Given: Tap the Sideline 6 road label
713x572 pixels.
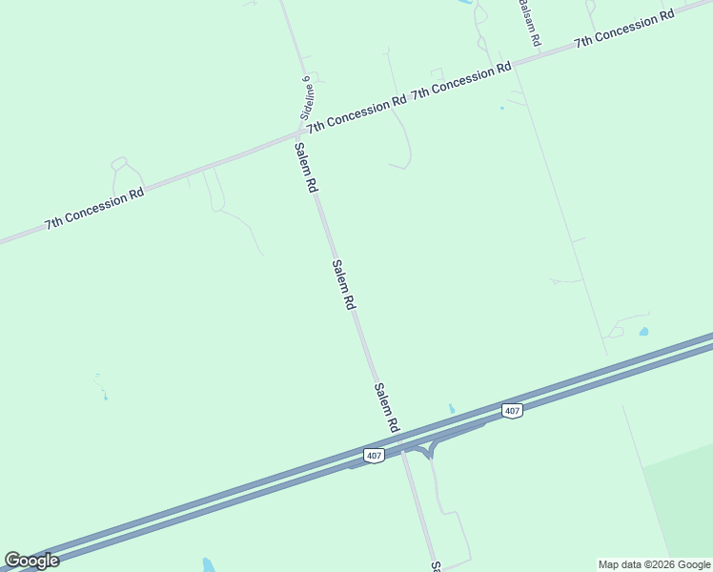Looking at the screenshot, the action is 306,96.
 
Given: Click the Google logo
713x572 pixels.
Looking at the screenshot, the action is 31,561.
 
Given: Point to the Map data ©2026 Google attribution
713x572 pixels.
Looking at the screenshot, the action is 655,564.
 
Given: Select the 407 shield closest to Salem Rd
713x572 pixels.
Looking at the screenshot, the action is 374,456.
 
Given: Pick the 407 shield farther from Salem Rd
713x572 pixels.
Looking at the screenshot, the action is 513,411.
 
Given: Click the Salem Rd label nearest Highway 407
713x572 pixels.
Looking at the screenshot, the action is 386,407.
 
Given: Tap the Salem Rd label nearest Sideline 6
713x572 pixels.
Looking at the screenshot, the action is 305,168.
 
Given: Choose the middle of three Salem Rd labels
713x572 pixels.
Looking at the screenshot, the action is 343,284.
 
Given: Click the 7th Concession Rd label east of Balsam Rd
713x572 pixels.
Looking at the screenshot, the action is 623,30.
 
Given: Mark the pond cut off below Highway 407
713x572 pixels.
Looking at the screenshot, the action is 209,564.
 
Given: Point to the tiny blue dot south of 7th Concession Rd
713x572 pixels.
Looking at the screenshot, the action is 501,108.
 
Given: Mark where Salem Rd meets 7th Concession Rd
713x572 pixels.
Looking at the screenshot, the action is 296,135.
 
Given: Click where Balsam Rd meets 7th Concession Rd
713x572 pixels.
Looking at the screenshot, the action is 502,65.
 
